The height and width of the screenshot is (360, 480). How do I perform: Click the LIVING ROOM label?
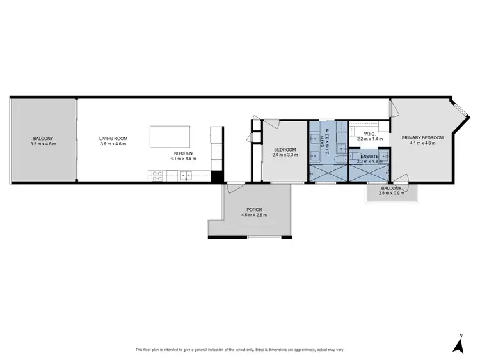(x=113, y=139)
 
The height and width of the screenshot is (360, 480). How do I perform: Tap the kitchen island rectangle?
(x=170, y=136)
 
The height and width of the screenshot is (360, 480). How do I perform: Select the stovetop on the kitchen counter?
(x=156, y=175)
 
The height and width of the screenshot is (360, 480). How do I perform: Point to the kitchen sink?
(x=187, y=175)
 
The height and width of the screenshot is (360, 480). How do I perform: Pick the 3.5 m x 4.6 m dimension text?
(x=44, y=144)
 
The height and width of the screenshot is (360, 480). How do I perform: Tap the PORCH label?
(x=254, y=210)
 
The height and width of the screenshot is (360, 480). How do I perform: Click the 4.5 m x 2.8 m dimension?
(x=254, y=215)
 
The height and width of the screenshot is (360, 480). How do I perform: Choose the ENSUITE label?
(x=369, y=157)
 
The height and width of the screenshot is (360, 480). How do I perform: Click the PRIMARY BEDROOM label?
(x=422, y=138)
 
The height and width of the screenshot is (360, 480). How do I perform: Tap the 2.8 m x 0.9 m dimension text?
(x=390, y=192)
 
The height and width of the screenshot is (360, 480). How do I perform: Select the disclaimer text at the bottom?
(x=239, y=350)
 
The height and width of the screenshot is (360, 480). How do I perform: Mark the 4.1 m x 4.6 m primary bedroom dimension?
(x=422, y=144)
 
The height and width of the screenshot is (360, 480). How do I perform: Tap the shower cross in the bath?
(x=327, y=171)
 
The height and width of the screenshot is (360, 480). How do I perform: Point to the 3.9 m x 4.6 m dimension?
(x=113, y=144)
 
